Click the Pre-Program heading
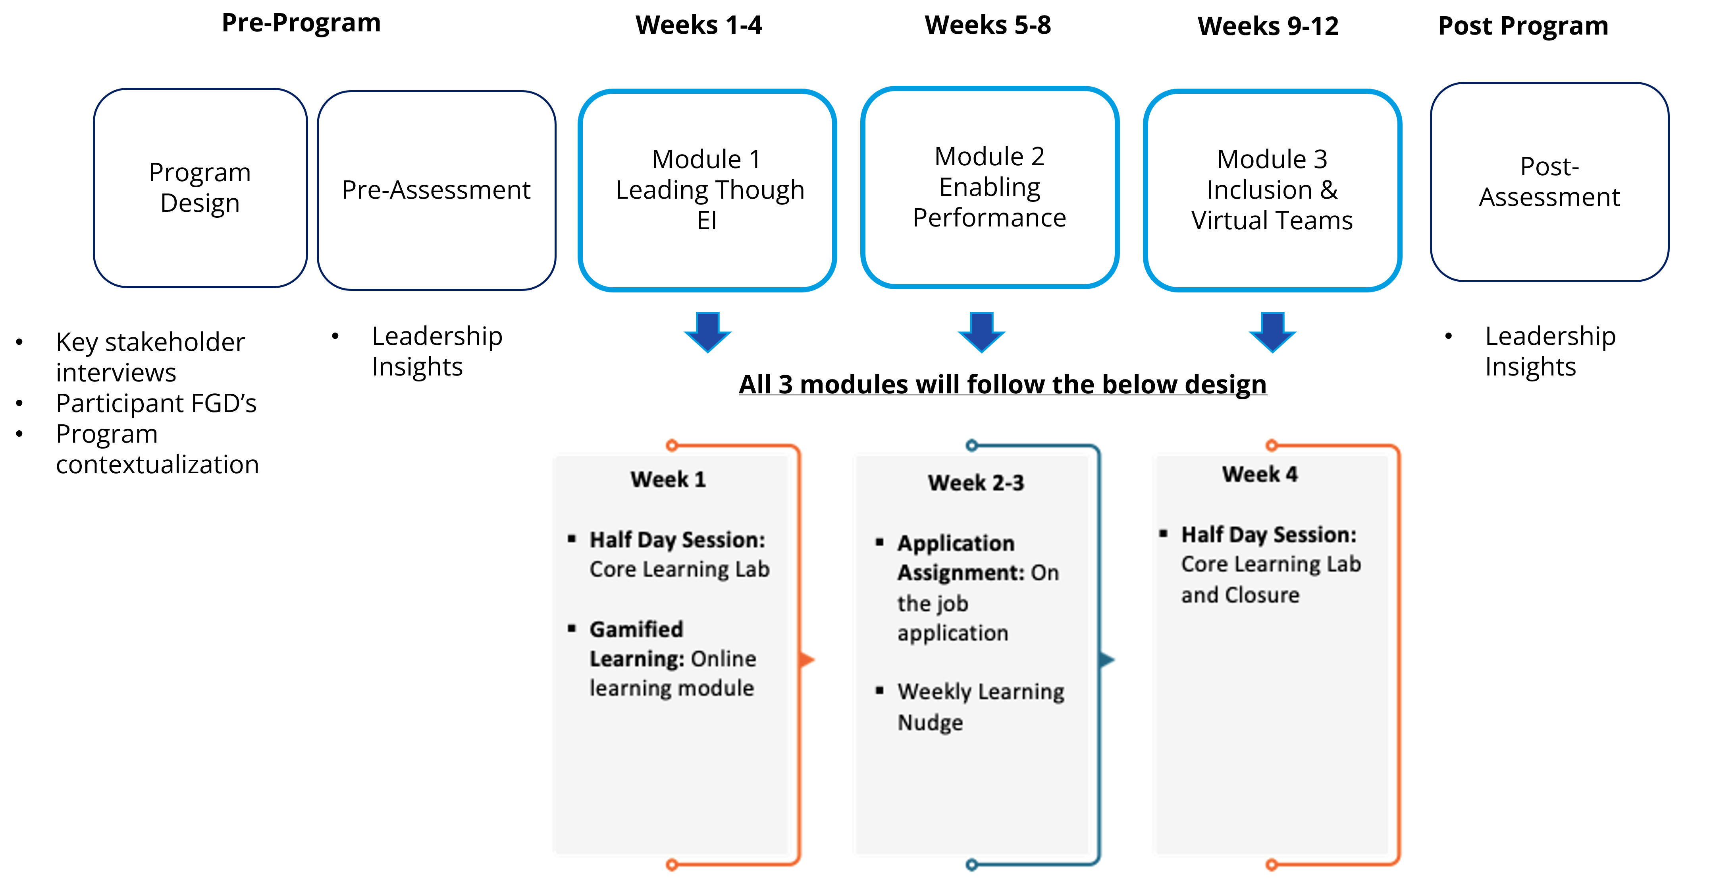pyautogui.click(x=301, y=23)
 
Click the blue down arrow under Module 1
pyautogui.click(x=708, y=331)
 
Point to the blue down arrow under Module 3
pyautogui.click(x=1272, y=331)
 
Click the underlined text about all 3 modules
pyautogui.click(x=1003, y=384)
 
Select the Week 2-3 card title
pyautogui.click(x=976, y=482)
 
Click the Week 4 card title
pyautogui.click(x=1260, y=474)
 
